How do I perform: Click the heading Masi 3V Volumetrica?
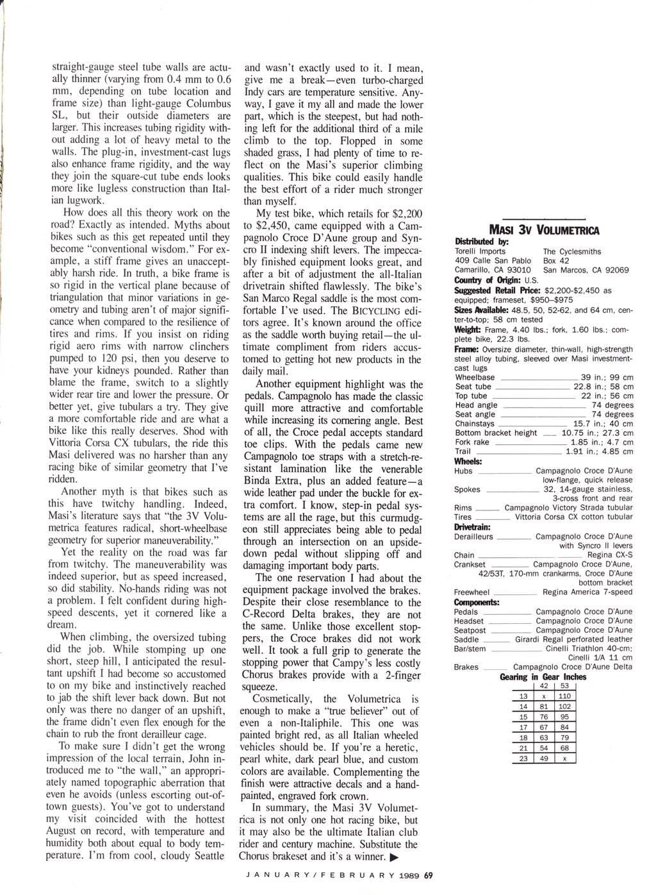[x=544, y=230]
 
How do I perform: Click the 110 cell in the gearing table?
[x=564, y=696]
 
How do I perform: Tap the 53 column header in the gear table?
[x=564, y=686]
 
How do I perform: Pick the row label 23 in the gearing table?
[x=523, y=758]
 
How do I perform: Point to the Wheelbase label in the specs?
[x=475, y=378]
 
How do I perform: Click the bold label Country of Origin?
[x=488, y=280]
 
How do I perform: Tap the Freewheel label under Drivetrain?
[x=471, y=592]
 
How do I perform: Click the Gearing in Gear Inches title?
[x=543, y=677]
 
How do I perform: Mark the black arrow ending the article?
[x=395, y=857]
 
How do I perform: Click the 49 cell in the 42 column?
[x=544, y=758]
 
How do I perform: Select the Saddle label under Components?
[x=466, y=639]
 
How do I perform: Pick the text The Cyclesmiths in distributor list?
[x=572, y=252]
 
